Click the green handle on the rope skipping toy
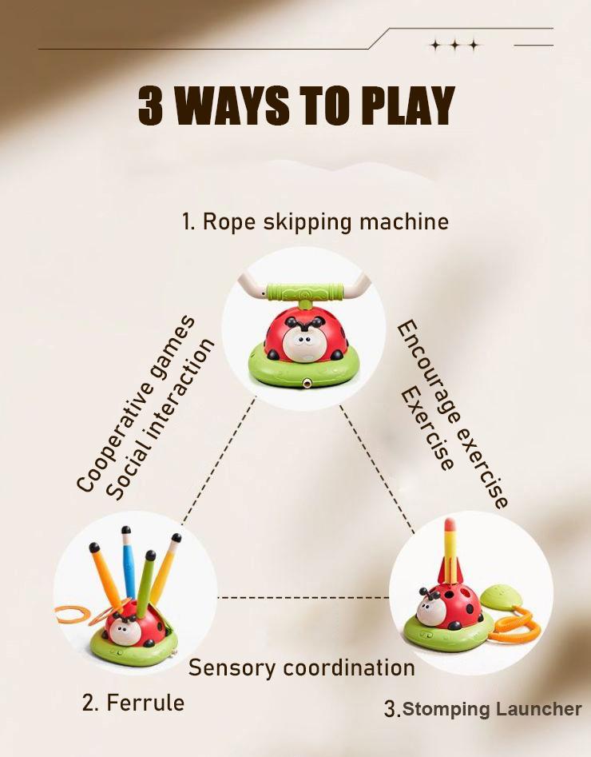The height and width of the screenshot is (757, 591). [x=305, y=292]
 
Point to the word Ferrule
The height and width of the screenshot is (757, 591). [x=145, y=703]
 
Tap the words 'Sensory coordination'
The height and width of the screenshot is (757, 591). [x=302, y=667]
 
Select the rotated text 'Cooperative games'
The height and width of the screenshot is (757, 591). [x=136, y=404]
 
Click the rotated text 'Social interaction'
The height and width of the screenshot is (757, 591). [x=160, y=419]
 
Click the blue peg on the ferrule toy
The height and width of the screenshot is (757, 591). [x=129, y=563]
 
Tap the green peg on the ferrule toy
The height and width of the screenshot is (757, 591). [x=145, y=584]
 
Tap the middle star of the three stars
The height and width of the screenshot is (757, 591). [x=455, y=46]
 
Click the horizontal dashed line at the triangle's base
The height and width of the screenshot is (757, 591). [x=304, y=598]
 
